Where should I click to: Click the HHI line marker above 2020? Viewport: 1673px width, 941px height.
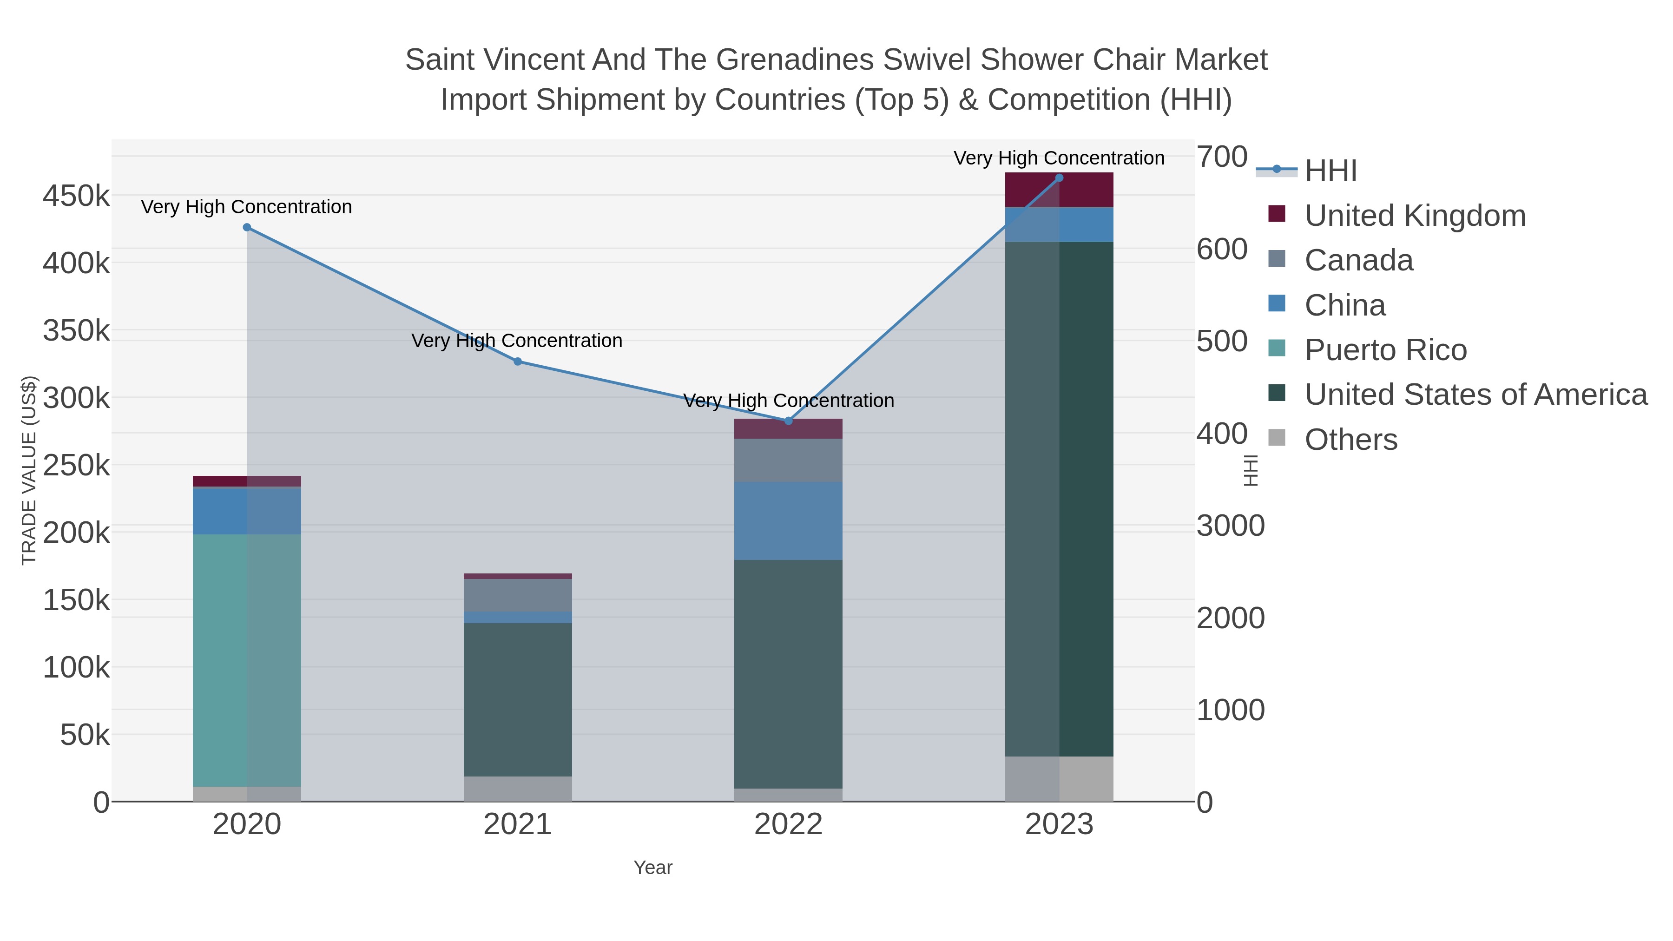tap(247, 227)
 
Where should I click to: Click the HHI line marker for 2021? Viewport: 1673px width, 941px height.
tap(518, 362)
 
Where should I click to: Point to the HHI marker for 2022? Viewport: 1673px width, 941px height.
tap(789, 421)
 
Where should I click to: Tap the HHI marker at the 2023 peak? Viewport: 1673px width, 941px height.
tap(1059, 178)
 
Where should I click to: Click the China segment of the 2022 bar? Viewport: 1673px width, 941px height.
tap(789, 521)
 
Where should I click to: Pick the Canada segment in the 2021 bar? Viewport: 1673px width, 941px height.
tap(518, 595)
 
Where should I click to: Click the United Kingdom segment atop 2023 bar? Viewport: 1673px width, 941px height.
tap(1059, 190)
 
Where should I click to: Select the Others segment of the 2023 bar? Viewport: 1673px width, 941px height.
tap(1059, 779)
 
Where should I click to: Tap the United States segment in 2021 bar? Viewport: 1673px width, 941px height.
tap(518, 699)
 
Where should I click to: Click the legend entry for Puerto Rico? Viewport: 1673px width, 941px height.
tap(1385, 350)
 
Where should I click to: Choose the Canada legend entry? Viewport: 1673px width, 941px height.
tap(1359, 260)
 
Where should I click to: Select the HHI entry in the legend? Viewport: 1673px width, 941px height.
tap(1330, 171)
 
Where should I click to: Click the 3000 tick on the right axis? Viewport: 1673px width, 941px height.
tap(1231, 526)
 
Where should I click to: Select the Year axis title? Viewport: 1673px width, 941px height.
tap(653, 868)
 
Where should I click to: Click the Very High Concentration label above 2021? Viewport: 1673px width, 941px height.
tap(517, 341)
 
